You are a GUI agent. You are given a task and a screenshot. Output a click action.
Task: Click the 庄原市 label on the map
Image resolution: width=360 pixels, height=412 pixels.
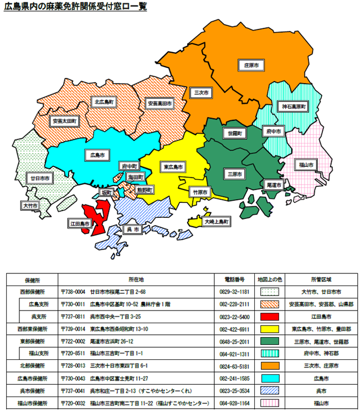tap(251, 65)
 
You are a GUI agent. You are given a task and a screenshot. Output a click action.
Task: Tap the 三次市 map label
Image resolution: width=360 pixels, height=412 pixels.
tap(198, 92)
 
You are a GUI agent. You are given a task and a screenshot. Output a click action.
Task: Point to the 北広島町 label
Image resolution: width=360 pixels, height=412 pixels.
tap(104, 102)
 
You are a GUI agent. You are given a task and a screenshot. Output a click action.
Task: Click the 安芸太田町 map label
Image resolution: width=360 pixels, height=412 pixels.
tap(65, 120)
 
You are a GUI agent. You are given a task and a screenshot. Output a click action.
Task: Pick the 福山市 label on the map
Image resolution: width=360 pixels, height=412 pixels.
tap(307, 165)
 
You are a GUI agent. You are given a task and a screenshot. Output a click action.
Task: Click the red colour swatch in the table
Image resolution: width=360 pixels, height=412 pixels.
tap(270, 317)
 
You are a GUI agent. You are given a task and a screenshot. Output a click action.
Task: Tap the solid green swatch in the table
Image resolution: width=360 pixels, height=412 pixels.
tap(270, 341)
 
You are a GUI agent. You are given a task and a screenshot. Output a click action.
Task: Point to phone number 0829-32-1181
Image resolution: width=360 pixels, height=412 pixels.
tap(233, 292)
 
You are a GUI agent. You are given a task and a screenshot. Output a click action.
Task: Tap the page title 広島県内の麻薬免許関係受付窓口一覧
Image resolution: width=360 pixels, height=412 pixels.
tap(76, 8)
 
